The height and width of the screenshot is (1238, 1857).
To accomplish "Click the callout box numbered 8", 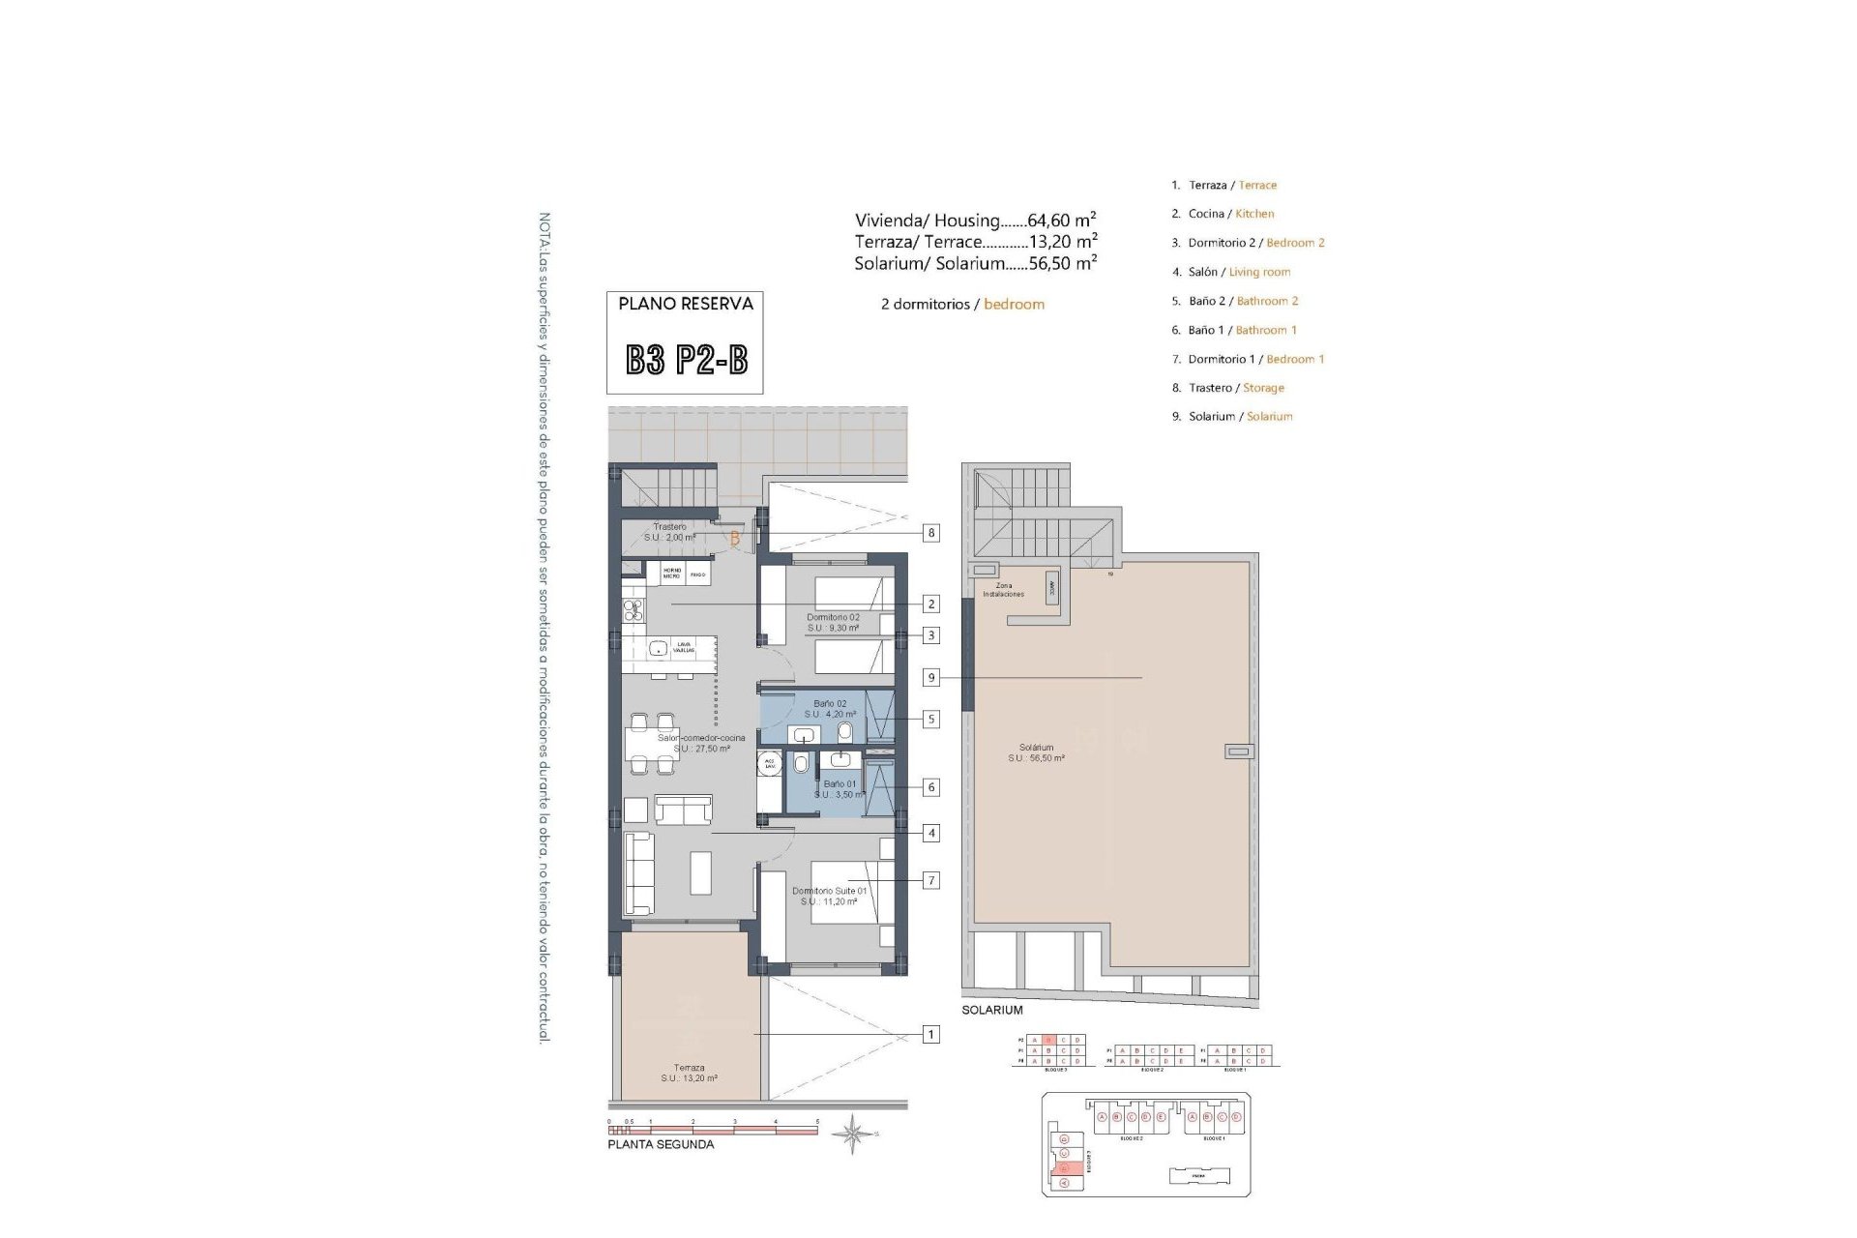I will point(930,533).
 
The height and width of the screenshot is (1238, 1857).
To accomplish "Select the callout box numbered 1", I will point(930,1035).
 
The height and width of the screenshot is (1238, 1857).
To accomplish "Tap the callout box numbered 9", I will point(930,678).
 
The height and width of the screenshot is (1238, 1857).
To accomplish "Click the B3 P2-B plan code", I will point(686,361).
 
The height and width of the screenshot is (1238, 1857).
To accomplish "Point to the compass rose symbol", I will point(852,1134).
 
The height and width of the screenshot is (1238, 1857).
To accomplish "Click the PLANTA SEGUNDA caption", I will point(661,1145).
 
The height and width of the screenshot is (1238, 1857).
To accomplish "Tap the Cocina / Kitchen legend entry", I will point(1230,214).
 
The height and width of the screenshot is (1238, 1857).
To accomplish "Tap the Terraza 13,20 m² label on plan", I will point(689,1073).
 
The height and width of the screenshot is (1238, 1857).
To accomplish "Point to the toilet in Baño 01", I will point(801,765).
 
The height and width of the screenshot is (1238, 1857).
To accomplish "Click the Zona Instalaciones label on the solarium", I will point(1003,590).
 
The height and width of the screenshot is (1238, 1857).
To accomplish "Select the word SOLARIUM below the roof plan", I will point(991,1010).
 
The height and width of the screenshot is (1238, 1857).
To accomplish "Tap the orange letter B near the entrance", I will point(735,539).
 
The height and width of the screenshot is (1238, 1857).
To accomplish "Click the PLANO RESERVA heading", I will point(686,304).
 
